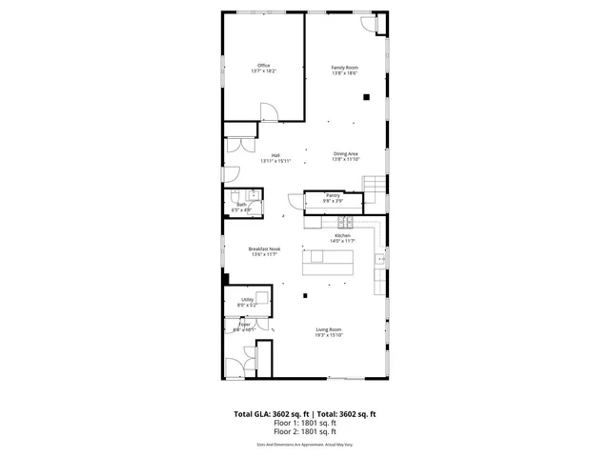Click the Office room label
click(263, 66)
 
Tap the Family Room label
click(344, 68)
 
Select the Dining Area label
click(345, 153)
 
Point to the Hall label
click(275, 155)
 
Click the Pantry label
click(332, 195)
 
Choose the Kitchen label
click(342, 235)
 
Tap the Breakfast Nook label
click(264, 249)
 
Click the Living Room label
click(329, 329)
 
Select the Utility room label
click(247, 300)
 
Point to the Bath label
click(241, 204)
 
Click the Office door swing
click(271, 113)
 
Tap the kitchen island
click(327, 260)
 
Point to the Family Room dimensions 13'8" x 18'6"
click(344, 73)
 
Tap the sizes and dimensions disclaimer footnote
click(305, 445)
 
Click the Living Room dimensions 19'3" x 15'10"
click(329, 335)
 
